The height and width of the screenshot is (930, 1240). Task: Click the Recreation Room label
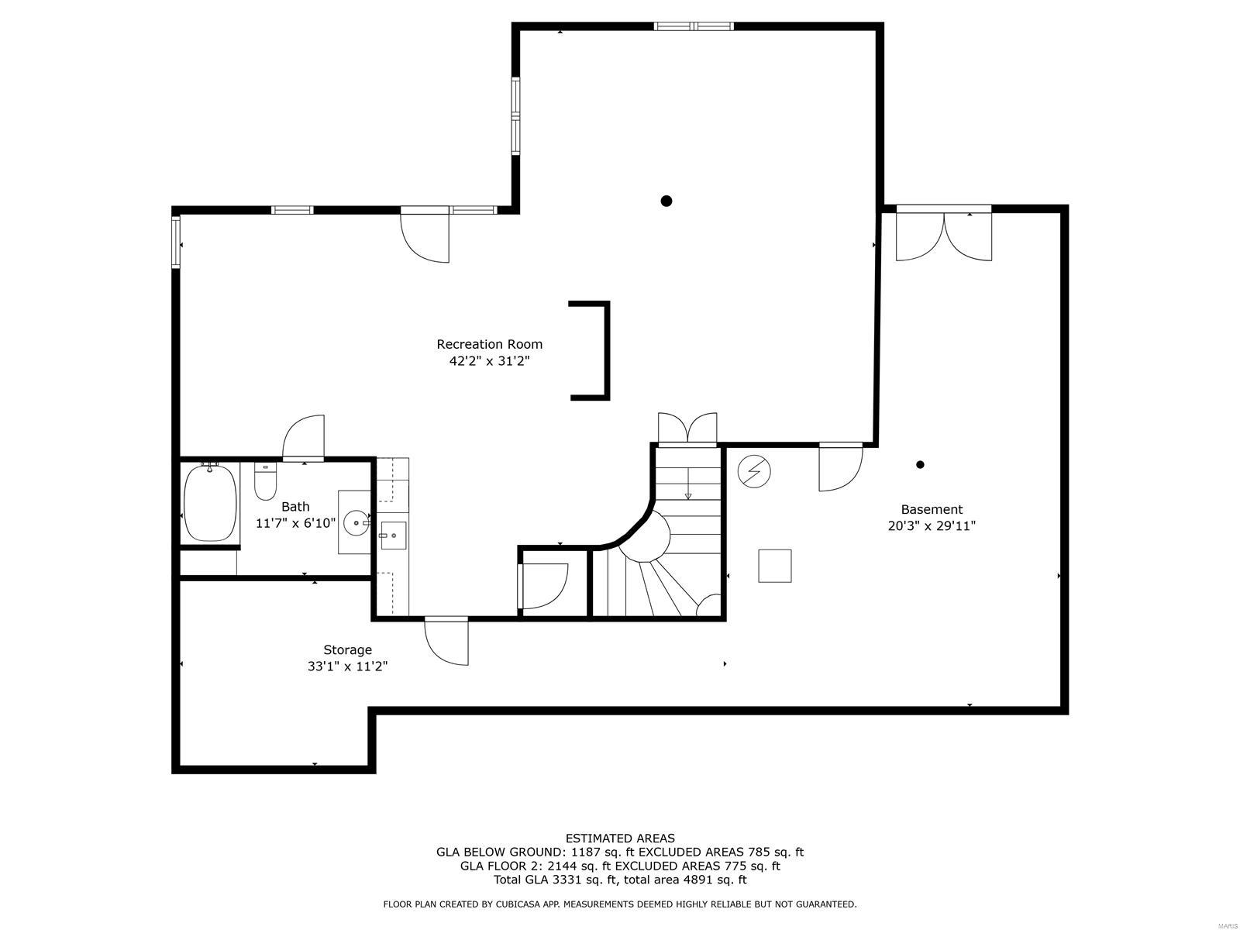[x=489, y=344]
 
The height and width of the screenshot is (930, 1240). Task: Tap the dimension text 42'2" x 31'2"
[x=489, y=361]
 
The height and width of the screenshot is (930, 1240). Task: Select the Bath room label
[x=295, y=507]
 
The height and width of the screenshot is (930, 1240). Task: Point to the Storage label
[x=347, y=650]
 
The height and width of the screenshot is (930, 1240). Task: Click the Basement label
[x=932, y=509]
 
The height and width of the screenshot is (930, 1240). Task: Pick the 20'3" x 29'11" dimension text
[x=932, y=526]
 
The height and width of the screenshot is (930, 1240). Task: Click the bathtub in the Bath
[x=210, y=502]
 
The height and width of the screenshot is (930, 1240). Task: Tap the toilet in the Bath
[x=265, y=481]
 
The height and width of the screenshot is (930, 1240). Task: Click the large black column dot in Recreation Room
[x=666, y=201]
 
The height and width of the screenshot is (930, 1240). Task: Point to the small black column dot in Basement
[x=920, y=465]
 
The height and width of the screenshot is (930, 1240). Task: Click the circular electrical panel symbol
[x=754, y=471]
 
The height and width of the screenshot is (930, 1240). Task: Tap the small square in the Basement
[x=774, y=566]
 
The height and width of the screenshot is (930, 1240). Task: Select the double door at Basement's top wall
[x=943, y=234]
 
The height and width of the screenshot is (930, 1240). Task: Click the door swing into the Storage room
[x=446, y=642]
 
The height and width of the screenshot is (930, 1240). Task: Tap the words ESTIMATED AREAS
[x=620, y=838]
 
